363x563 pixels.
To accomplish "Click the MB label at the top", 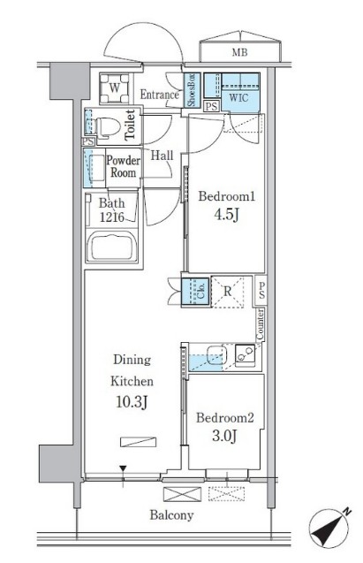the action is pyautogui.click(x=239, y=53).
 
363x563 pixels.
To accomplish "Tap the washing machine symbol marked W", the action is pyautogui.click(x=114, y=88).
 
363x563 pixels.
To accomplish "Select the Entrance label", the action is pyautogui.click(x=159, y=95).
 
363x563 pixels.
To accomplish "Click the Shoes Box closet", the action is pyautogui.click(x=191, y=90).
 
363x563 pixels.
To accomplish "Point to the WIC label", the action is pyautogui.click(x=238, y=97).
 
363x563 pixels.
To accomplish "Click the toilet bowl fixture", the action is pyautogui.click(x=108, y=127).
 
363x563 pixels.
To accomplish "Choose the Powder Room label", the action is pyautogui.click(x=124, y=166).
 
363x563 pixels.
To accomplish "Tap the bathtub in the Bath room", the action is pyautogui.click(x=112, y=246).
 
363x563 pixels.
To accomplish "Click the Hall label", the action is pyautogui.click(x=162, y=156).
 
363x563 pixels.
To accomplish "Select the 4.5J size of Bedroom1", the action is pyautogui.click(x=227, y=215).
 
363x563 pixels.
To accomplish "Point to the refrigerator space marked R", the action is pyautogui.click(x=227, y=292).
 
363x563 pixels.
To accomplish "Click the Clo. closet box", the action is pyautogui.click(x=195, y=292).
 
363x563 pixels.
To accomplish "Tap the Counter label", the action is pyautogui.click(x=260, y=324).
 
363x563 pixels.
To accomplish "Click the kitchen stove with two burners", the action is pyautogui.click(x=246, y=354).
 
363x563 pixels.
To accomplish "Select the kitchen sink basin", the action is pyautogui.click(x=216, y=354).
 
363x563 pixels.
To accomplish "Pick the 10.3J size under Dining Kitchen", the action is pyautogui.click(x=132, y=402).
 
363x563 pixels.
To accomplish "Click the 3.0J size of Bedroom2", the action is pyautogui.click(x=224, y=436).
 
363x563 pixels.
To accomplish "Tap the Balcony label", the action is pyautogui.click(x=171, y=515).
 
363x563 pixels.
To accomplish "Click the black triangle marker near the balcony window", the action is pyautogui.click(x=123, y=468).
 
